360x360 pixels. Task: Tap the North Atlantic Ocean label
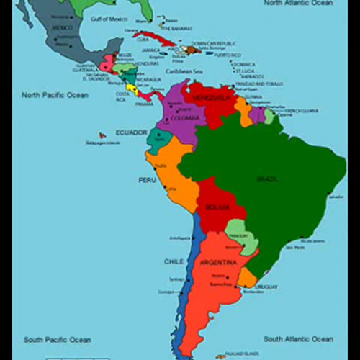[299, 3]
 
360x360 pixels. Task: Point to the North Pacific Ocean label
[55, 95]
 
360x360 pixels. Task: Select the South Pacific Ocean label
[58, 340]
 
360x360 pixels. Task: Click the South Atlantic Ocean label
[298, 339]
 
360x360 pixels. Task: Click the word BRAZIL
[268, 178]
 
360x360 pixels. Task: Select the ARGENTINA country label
[218, 262]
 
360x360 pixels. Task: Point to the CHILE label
[174, 261]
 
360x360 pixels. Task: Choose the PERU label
[147, 179]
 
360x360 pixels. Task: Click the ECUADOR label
[132, 132]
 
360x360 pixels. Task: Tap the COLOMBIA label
[185, 118]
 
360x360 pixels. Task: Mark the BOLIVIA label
[217, 207]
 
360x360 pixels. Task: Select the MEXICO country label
[63, 27]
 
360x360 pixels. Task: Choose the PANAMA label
[144, 104]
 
